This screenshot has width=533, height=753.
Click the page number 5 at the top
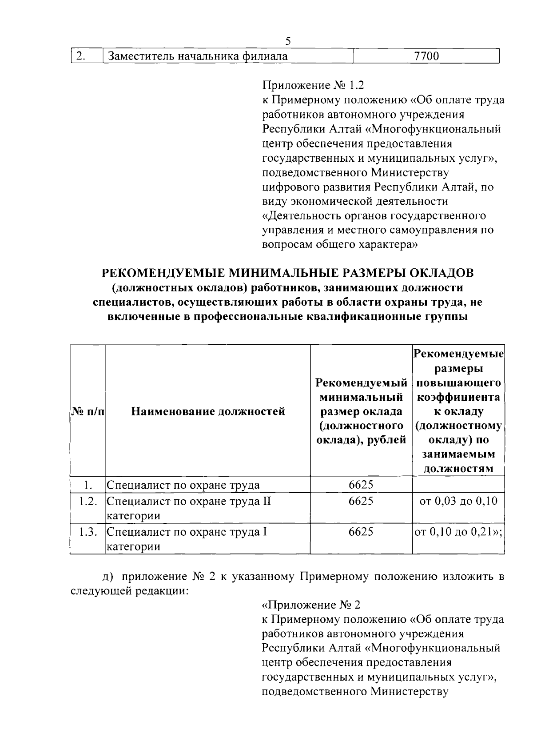pyautogui.click(x=288, y=41)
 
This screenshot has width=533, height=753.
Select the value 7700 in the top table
pyautogui.click(x=426, y=56)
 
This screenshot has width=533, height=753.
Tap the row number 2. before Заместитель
pyautogui.click(x=80, y=56)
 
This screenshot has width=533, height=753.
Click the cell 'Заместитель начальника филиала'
pyautogui.click(x=198, y=56)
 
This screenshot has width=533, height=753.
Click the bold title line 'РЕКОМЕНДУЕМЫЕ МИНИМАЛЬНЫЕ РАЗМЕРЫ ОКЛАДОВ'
pyautogui.click(x=288, y=272)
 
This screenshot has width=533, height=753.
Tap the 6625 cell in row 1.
pyautogui.click(x=361, y=484)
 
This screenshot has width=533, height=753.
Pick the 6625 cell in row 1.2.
pyautogui.click(x=361, y=501)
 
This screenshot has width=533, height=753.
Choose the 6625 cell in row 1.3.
pyautogui.click(x=361, y=532)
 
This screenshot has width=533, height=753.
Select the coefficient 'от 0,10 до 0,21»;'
pyautogui.click(x=458, y=532)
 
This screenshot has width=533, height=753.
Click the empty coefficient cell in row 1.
pyautogui.click(x=458, y=484)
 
